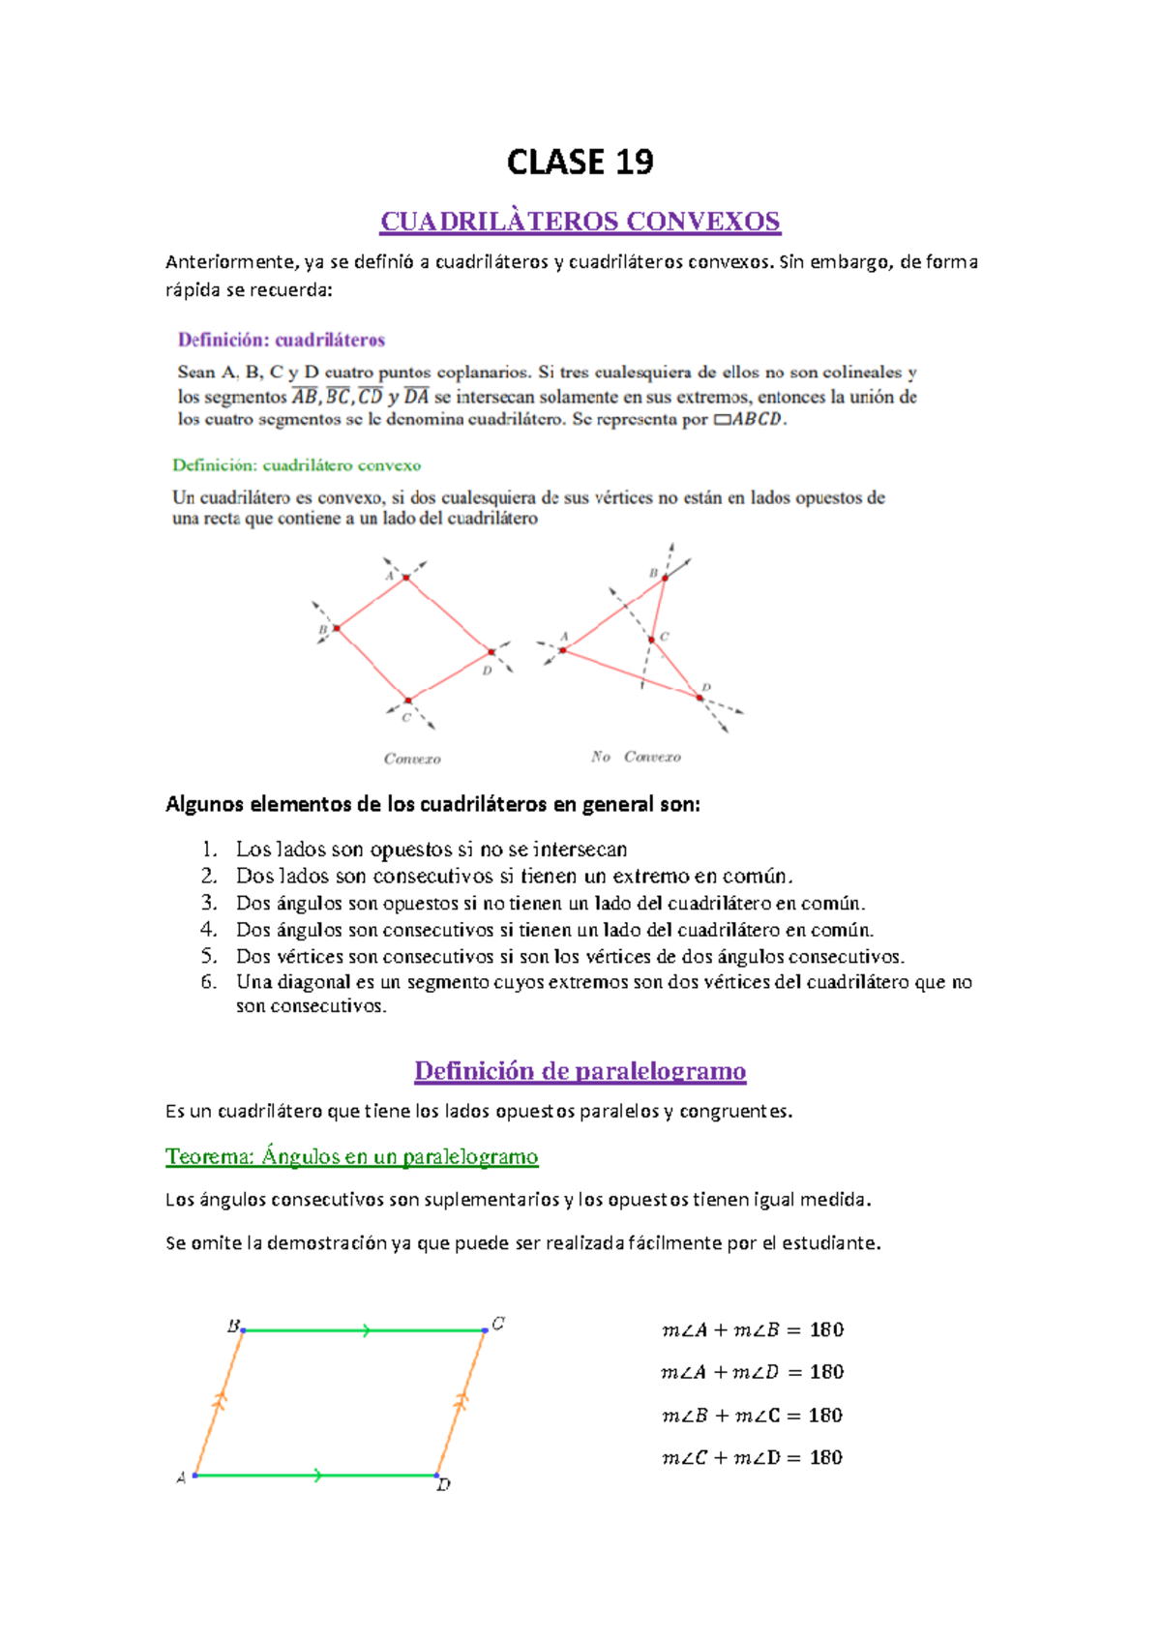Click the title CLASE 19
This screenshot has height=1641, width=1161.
[x=580, y=162]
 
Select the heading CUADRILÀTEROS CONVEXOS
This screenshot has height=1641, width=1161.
[x=580, y=222]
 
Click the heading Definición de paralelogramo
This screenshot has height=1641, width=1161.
[x=580, y=1071]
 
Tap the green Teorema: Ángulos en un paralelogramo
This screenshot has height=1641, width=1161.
[x=352, y=1156]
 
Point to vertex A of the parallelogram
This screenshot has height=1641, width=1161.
[x=195, y=1476]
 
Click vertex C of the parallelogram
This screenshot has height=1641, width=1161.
[x=485, y=1330]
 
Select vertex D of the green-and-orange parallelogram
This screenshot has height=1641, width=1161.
[x=437, y=1476]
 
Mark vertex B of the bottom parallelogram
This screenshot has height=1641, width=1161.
[x=243, y=1330]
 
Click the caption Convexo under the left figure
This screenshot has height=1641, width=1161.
[x=412, y=759]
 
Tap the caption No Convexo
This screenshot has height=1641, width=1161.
[x=636, y=757]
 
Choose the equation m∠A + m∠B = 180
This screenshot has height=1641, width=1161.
[x=753, y=1330]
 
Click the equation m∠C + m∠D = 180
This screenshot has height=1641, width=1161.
[x=752, y=1458]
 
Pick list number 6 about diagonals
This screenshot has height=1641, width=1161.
[x=209, y=982]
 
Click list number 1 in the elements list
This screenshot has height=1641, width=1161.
[x=209, y=850]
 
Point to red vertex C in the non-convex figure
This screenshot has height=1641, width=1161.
[x=652, y=640]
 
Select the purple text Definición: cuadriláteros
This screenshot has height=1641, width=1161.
[x=282, y=340]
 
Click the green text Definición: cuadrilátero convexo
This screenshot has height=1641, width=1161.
[x=296, y=465]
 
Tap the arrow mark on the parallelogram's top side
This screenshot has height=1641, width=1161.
[x=366, y=1331]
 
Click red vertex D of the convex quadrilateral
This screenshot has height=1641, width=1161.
[x=491, y=653]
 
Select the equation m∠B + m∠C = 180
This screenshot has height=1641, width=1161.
[x=752, y=1416]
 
